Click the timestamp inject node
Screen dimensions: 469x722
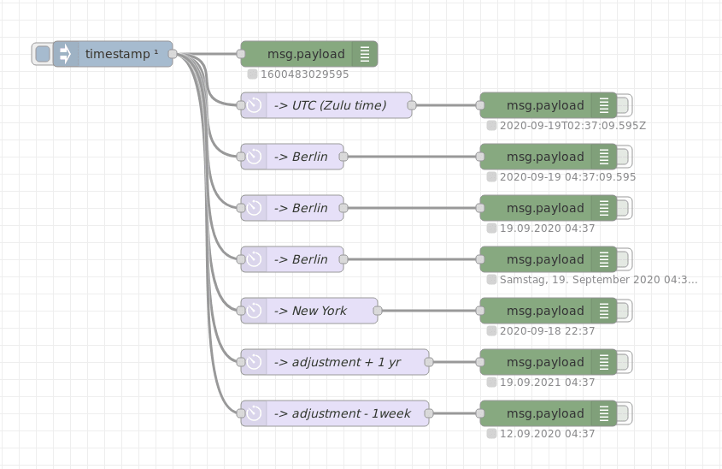tap(120, 54)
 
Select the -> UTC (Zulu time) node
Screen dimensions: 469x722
tap(330, 105)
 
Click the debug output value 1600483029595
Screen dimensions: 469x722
tap(304, 74)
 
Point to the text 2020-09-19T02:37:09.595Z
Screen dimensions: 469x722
tap(572, 126)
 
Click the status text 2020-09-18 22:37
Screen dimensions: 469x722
tap(547, 331)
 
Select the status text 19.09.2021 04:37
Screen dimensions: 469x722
tap(547, 383)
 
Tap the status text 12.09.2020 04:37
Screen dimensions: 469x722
tap(547, 434)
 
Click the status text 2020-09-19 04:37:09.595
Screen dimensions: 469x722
tap(567, 177)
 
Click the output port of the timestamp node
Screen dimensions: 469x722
tap(173, 54)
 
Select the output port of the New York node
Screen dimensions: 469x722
tap(378, 311)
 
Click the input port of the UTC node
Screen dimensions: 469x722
tap(241, 105)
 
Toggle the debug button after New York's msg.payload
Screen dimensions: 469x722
tap(624, 311)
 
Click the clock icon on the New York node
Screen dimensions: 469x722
tap(254, 311)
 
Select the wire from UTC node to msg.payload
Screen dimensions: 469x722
tap(444, 105)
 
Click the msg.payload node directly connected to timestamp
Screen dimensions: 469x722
tap(306, 54)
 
